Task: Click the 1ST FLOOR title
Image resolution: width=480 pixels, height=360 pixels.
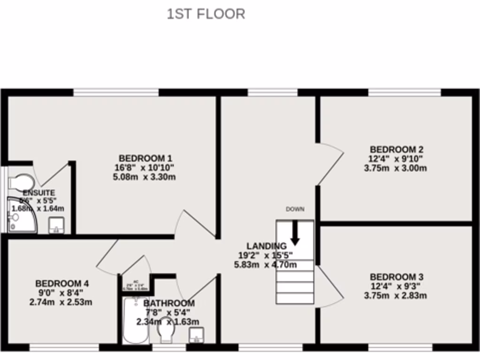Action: tap(206, 14)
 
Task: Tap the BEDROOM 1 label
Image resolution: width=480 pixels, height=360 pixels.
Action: tap(142, 158)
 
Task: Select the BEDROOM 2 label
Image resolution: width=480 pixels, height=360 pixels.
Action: tap(396, 150)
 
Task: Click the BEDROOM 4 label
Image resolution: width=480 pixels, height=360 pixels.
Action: tap(62, 283)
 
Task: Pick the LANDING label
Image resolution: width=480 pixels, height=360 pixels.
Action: tap(266, 246)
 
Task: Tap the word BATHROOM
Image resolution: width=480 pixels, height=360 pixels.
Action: tap(169, 303)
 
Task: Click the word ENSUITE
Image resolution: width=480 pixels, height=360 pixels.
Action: tap(39, 193)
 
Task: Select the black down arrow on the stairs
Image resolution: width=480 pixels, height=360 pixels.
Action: tap(295, 233)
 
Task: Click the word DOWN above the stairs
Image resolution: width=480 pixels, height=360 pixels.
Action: tap(295, 209)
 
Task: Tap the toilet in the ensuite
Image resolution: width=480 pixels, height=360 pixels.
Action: tap(22, 182)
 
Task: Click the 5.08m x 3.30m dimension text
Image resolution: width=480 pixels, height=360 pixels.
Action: tap(144, 177)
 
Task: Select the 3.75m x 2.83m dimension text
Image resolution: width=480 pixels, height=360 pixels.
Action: tap(395, 295)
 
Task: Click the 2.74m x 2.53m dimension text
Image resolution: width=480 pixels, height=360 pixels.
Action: tap(60, 302)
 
